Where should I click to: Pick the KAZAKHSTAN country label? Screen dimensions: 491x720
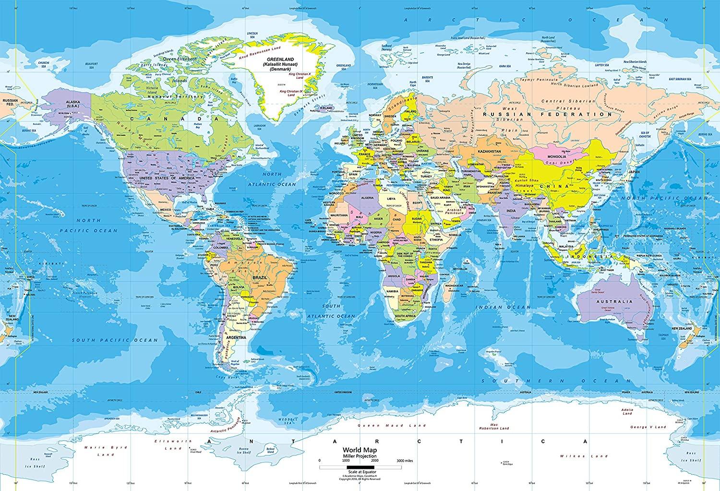(489, 152)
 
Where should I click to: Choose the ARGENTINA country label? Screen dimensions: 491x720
(235, 338)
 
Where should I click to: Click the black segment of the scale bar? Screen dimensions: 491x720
(359, 467)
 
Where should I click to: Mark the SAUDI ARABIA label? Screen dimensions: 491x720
(440, 197)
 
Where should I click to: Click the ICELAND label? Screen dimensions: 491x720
(328, 108)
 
